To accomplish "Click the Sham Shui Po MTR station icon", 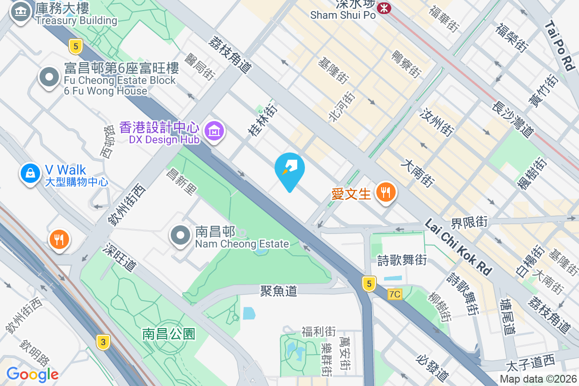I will [384, 7].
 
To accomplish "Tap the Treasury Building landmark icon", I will [20, 13].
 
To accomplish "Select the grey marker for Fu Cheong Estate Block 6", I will [49, 78].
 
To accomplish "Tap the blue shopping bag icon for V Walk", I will [30, 173].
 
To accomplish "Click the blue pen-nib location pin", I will [289, 169].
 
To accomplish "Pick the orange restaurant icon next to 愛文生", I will [385, 193].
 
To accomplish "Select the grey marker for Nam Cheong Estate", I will [181, 236].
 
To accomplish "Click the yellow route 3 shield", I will [102, 343].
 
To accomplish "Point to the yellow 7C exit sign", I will [395, 294].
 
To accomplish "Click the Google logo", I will [32, 374].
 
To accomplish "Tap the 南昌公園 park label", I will [168, 333].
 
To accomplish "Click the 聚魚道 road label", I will [278, 290].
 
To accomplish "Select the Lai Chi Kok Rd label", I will [458, 247].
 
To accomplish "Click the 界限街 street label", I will [469, 222].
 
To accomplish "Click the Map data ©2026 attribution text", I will [538, 379].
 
